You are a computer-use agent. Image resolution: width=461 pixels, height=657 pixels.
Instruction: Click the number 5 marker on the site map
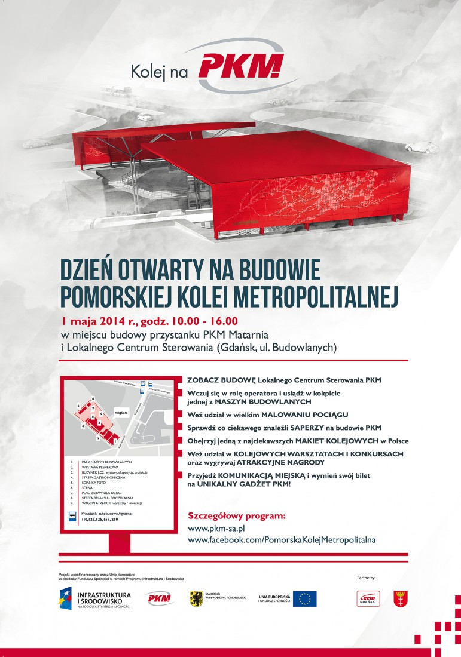78,406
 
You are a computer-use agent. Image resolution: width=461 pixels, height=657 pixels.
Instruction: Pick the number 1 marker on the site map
114,441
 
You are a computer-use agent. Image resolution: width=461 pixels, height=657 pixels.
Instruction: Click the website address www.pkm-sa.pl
216,529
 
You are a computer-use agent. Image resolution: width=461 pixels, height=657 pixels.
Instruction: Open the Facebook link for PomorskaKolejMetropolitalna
282,540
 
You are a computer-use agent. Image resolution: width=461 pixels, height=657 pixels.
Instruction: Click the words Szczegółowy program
237,515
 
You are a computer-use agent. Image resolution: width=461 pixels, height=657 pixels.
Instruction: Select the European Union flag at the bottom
304,598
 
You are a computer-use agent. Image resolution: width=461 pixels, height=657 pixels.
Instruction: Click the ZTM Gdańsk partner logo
368,598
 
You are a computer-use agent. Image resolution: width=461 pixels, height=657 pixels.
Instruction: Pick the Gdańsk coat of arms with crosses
401,598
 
